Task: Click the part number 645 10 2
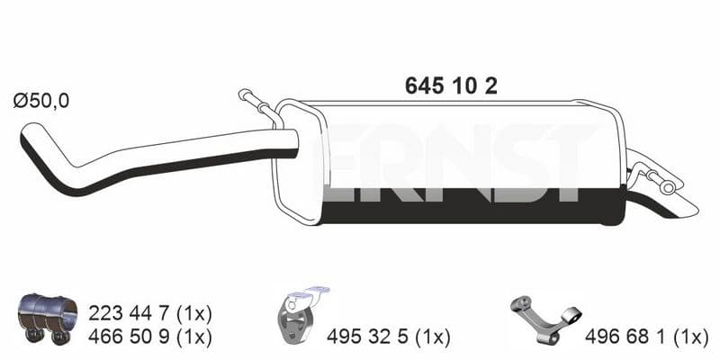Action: (451, 85)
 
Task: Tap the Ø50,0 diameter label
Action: (41, 101)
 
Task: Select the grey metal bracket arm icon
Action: (545, 319)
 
